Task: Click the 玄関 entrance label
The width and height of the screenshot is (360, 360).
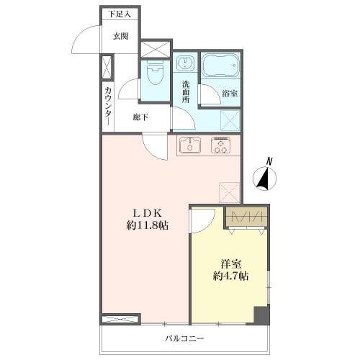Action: point(121,36)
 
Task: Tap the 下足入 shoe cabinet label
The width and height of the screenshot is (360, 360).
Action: point(120,14)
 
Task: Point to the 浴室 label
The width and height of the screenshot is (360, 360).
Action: point(230,94)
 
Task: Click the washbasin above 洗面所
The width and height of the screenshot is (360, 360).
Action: point(185,63)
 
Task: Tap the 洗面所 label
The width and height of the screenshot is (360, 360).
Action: point(186,92)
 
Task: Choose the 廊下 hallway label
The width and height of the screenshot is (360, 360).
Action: point(140,117)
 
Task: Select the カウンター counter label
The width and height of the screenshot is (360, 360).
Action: point(108,106)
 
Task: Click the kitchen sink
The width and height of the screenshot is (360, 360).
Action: point(190,145)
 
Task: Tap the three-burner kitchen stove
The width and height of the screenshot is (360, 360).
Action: point(221,145)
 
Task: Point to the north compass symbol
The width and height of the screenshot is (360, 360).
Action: point(265,176)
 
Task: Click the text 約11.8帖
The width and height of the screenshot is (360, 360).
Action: point(148,225)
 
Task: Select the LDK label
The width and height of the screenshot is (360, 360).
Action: point(148,212)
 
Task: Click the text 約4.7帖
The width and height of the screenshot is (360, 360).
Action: point(230,276)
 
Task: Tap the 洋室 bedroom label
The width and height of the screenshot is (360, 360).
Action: point(231,264)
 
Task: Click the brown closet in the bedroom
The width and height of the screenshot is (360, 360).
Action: point(246,217)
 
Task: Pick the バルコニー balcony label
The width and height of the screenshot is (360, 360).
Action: point(184,338)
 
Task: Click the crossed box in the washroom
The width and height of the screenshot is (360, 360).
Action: point(230,120)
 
